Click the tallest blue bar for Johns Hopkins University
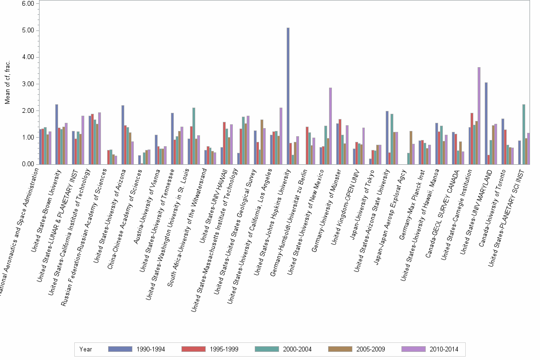(x=288, y=96)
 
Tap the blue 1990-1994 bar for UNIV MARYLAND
(x=486, y=123)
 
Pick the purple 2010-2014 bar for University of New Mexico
(x=330, y=126)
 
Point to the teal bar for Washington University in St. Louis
(x=194, y=136)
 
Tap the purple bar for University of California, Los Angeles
(x=280, y=136)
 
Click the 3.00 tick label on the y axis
(x=28, y=84)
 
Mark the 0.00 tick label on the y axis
(x=28, y=164)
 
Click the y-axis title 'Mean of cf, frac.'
(x=7, y=84)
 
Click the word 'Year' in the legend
(x=86, y=350)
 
